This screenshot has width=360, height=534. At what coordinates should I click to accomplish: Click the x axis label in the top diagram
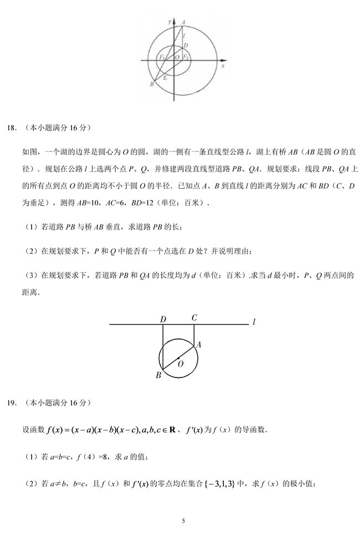point(222,65)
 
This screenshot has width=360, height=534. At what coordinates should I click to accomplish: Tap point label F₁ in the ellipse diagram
point(161,58)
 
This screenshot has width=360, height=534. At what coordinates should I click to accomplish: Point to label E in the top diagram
point(164,78)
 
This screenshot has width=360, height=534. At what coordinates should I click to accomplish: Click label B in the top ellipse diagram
point(151,84)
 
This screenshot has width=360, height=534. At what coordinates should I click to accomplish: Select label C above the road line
point(194,318)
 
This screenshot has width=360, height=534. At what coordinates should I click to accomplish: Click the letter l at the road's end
point(253,321)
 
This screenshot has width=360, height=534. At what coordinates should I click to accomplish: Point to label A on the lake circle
point(199,344)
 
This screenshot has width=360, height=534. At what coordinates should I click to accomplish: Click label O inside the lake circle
point(181,364)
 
